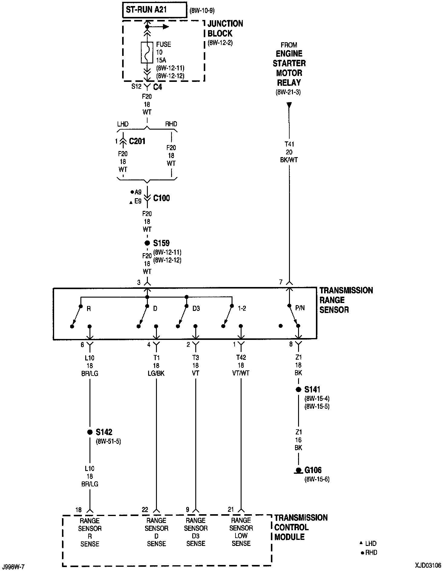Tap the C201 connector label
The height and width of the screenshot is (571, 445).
click(137, 141)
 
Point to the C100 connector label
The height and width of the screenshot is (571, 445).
click(161, 198)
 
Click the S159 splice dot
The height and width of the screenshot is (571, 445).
click(147, 243)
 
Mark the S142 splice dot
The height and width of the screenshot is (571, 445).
click(90, 432)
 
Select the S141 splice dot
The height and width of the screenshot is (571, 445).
click(298, 389)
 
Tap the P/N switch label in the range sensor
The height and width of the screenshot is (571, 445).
click(300, 308)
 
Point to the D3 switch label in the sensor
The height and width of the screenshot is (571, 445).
click(196, 308)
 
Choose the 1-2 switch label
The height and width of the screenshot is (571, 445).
click(242, 308)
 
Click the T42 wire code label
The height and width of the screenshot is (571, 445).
click(241, 357)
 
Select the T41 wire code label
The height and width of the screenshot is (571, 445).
click(289, 144)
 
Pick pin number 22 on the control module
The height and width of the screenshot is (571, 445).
click(145, 510)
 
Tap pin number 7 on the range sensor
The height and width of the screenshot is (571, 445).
click(281, 282)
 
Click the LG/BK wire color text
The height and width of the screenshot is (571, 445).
click(156, 373)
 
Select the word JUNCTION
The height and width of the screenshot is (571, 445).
click(225, 24)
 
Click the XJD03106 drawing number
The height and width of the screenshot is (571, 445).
click(428, 565)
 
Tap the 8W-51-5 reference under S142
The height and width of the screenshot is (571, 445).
click(109, 441)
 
